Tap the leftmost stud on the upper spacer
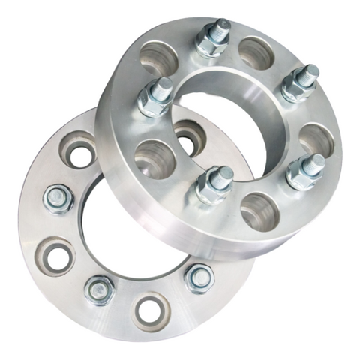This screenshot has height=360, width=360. pyautogui.click(x=155, y=97)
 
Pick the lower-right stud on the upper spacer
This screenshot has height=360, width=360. pyautogui.click(x=306, y=172)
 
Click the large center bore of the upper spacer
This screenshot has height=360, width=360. pyautogui.click(x=225, y=124)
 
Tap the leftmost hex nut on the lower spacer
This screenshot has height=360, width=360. pyautogui.click(x=58, y=199)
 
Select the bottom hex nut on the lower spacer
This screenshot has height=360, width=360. pyautogui.click(x=100, y=289)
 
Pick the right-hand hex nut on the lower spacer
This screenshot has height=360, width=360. pyautogui.click(x=199, y=277)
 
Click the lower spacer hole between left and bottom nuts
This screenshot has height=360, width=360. pyautogui.click(x=57, y=256)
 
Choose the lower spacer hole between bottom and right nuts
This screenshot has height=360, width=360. pyautogui.click(x=150, y=309)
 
